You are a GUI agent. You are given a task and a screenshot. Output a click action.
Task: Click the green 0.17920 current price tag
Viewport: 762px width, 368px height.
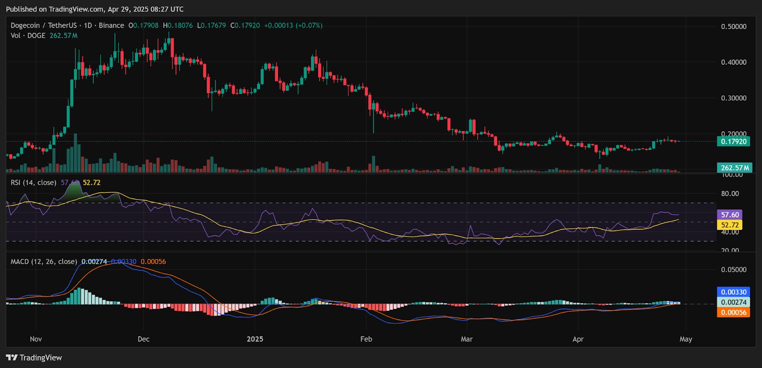coord(733,141)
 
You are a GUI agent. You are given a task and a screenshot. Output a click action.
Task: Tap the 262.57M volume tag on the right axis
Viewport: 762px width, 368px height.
coord(734,168)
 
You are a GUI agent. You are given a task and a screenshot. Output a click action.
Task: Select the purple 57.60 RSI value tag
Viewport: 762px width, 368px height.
coord(730,215)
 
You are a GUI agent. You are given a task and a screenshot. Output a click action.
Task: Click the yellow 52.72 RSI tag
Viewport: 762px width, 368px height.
coord(730,225)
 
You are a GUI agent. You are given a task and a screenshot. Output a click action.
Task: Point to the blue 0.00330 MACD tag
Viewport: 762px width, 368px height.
coord(733,292)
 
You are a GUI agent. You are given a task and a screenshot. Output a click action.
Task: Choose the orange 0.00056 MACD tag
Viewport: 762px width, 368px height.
coord(733,312)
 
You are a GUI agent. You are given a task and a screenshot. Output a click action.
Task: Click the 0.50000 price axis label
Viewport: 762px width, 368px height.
coord(733,27)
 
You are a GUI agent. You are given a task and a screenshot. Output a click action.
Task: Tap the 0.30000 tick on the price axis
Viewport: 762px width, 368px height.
coord(733,98)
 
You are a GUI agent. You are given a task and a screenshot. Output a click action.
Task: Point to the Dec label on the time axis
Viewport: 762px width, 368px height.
coord(143,339)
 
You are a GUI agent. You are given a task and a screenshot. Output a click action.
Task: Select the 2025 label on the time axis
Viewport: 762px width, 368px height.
coord(255,339)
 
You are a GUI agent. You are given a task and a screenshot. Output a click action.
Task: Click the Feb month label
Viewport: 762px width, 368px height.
coord(366,339)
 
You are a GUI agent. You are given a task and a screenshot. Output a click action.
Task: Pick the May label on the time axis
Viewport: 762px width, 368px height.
coord(686,339)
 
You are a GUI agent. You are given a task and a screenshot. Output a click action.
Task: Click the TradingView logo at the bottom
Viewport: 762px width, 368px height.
coord(34,358)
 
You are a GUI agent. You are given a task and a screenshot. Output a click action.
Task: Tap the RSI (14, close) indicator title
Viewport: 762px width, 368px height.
coord(33,182)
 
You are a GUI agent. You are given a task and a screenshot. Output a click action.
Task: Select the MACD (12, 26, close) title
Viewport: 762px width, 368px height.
coord(43,261)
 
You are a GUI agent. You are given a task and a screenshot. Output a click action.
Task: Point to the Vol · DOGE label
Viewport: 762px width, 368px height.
coord(28,36)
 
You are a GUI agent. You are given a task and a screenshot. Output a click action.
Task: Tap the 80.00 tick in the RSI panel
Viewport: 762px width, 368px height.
coord(730,194)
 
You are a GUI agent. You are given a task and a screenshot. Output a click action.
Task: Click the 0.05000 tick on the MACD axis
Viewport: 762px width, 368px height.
coord(733,269)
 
